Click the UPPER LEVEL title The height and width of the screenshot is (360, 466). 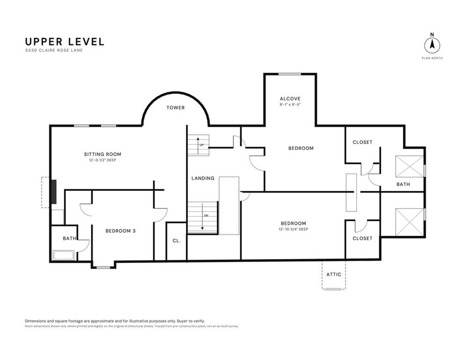pyautogui.click(x=65, y=42)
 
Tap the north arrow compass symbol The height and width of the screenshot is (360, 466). pyautogui.click(x=432, y=45)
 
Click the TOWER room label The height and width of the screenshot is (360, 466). pyautogui.click(x=175, y=108)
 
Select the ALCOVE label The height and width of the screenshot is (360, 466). pyautogui.click(x=290, y=98)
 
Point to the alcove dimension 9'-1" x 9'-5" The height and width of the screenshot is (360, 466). pyautogui.click(x=290, y=105)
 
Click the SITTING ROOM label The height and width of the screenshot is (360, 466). pyautogui.click(x=103, y=154)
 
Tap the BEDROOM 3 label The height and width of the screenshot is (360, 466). pyautogui.click(x=120, y=231)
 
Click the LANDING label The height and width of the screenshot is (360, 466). pyautogui.click(x=203, y=178)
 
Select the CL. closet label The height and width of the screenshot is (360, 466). pyautogui.click(x=177, y=240)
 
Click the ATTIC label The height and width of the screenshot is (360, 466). pyautogui.click(x=334, y=274)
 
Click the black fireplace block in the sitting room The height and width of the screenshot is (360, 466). pyautogui.click(x=54, y=192)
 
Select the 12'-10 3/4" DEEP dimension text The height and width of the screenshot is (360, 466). pyautogui.click(x=293, y=229)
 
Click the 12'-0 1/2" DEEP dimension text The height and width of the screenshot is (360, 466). pyautogui.click(x=103, y=160)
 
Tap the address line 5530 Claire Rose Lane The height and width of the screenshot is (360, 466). pyautogui.click(x=54, y=50)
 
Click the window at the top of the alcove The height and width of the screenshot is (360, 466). pyautogui.click(x=289, y=74)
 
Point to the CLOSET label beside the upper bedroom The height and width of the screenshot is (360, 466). pyautogui.click(x=362, y=142)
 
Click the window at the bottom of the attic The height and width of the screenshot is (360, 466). pyautogui.click(x=333, y=289)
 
